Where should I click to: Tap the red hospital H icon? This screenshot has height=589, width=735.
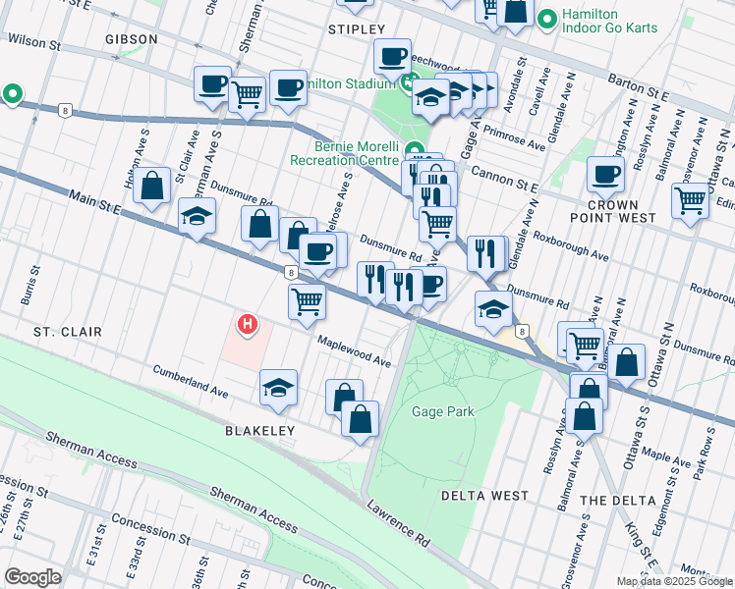coord(248,322)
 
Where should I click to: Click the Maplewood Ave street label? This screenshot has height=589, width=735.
coord(354,350)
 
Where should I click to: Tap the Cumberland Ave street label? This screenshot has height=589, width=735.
coord(190,381)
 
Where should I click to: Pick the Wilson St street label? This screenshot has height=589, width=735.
coord(34,42)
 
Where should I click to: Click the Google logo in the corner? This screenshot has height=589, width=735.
coord(33,576)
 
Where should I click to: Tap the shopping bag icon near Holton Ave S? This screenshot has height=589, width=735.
coord(152,187)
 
